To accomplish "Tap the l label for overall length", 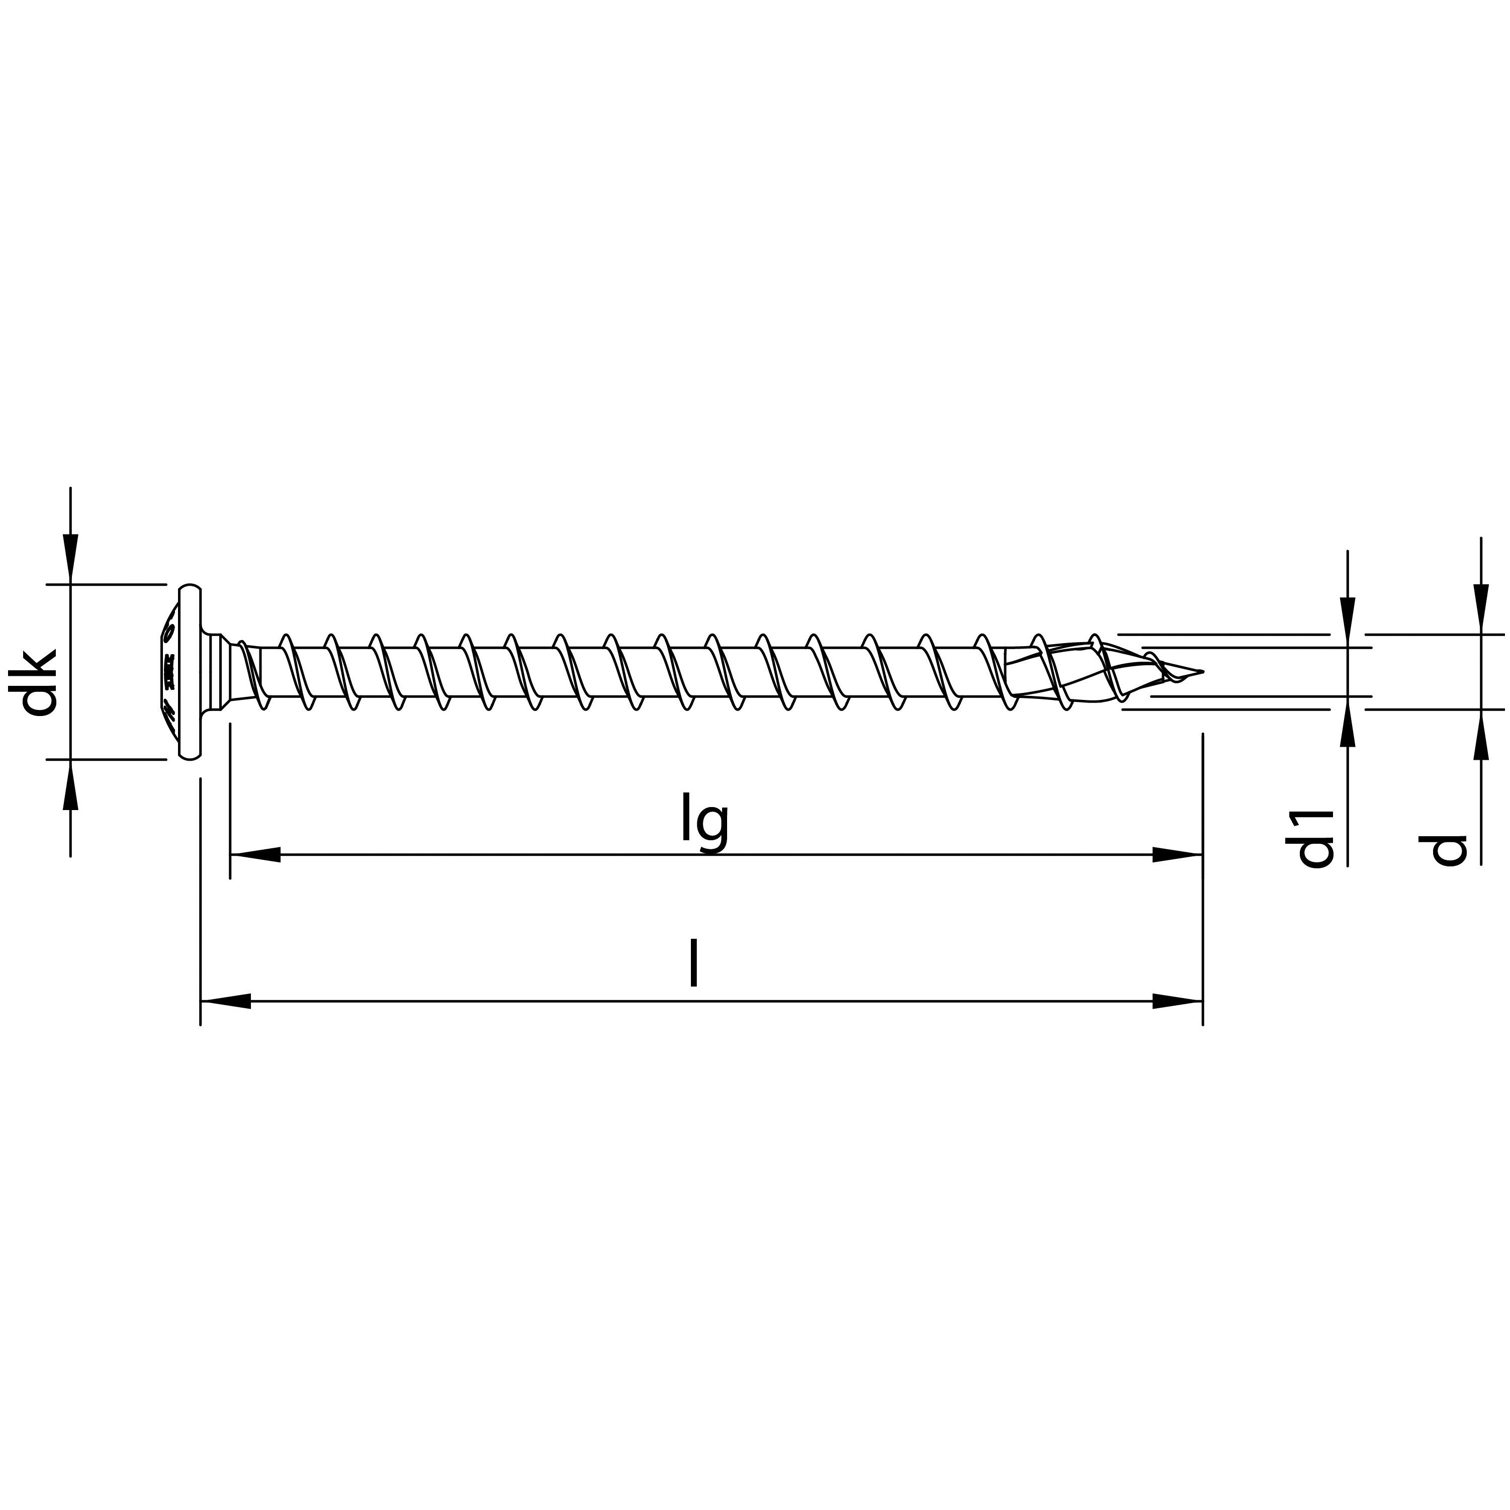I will (x=693, y=964).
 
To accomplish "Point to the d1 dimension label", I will (x=1315, y=839).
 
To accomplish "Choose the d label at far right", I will (x=1448, y=850).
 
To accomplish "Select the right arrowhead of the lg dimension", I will (x=1177, y=855).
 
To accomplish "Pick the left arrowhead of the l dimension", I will (x=226, y=1001).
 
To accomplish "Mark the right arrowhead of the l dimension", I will (x=1177, y=1001).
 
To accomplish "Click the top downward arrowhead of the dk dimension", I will (x=70, y=558).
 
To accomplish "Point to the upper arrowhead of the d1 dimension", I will (x=1348, y=622).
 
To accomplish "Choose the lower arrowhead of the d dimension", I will (x=1480, y=735).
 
